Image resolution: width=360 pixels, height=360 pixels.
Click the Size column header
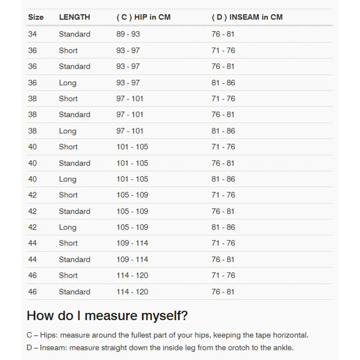(x=36, y=17)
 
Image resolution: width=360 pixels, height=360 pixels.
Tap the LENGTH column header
(x=74, y=17)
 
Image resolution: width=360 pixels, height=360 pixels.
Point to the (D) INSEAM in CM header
(x=247, y=17)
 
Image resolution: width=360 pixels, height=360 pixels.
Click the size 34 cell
(x=32, y=34)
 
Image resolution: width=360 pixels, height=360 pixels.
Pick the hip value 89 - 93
(x=128, y=34)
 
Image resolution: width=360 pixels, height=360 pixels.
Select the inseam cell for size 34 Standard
(x=223, y=34)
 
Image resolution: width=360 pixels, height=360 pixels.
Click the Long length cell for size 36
(x=67, y=83)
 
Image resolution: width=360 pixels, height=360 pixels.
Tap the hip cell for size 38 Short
(x=130, y=99)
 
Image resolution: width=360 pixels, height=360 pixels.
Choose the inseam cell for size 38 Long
(x=223, y=131)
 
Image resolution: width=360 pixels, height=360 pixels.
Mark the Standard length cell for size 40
(x=74, y=163)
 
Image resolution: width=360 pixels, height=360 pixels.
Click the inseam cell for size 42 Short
(x=223, y=195)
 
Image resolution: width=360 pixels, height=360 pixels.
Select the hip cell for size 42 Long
(x=132, y=227)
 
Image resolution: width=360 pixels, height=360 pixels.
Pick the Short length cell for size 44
(x=68, y=243)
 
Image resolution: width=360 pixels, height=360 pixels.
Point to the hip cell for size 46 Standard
(x=132, y=292)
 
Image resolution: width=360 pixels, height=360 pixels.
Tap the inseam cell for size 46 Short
(x=223, y=275)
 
